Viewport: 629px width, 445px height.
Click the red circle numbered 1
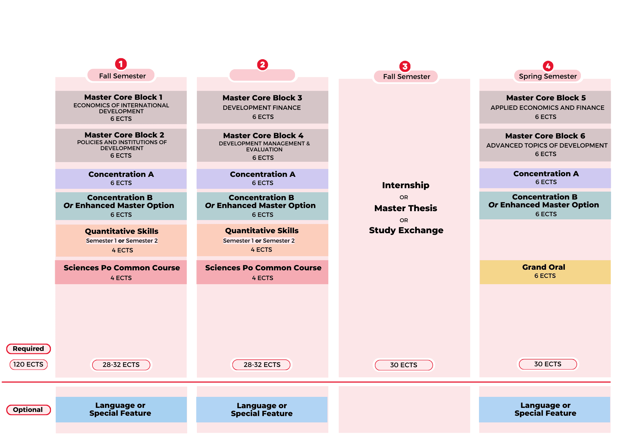(x=121, y=64)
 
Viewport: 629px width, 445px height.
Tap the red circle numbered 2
(x=262, y=65)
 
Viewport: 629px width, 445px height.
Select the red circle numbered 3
(x=405, y=66)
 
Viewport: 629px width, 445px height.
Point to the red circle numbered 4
(x=548, y=66)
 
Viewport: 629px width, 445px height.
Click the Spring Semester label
(x=548, y=76)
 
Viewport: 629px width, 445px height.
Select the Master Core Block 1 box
(x=121, y=107)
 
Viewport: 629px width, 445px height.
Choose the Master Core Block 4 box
(x=263, y=146)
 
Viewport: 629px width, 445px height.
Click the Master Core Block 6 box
(x=545, y=145)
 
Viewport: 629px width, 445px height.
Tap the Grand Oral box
(x=545, y=272)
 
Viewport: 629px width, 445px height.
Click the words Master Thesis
(x=405, y=208)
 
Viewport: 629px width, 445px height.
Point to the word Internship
(x=405, y=185)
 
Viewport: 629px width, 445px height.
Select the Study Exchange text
(x=406, y=230)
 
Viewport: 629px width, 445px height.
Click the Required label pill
(x=28, y=348)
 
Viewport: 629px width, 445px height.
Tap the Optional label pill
(x=28, y=409)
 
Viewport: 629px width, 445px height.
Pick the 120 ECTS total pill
(x=28, y=364)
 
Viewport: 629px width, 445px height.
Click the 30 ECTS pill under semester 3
(x=404, y=365)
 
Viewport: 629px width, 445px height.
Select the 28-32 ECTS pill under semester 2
(x=262, y=364)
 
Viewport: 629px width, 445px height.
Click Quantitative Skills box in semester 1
(x=121, y=240)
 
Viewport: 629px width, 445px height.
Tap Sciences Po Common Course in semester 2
(x=263, y=272)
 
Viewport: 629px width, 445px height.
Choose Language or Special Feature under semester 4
(x=545, y=409)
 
